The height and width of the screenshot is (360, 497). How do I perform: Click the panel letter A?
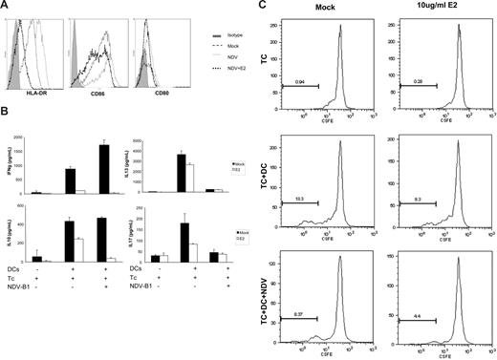click(5, 6)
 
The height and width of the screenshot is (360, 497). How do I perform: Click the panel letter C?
click(260, 7)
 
